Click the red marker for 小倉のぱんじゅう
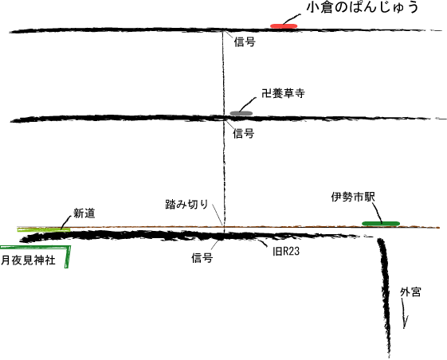[x=284, y=26]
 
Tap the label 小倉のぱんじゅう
[x=363, y=7]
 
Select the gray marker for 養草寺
[x=241, y=113]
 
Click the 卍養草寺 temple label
[x=283, y=93]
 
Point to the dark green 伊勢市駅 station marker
[x=381, y=224]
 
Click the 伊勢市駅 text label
[x=353, y=197]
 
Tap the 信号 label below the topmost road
[x=245, y=42]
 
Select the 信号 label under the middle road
[x=244, y=133]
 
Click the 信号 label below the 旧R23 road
[x=202, y=258]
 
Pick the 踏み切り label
[x=186, y=204]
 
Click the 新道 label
[x=84, y=213]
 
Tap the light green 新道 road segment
[x=44, y=229]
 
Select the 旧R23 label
[x=286, y=252]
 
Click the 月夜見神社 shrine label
[x=28, y=260]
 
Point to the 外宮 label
[x=410, y=292]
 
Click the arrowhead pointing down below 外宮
[x=405, y=322]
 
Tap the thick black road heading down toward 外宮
[x=385, y=296]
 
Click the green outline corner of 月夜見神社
[x=69, y=247]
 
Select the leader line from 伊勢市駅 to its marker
[x=377, y=212]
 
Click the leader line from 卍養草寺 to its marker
[x=248, y=104]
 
